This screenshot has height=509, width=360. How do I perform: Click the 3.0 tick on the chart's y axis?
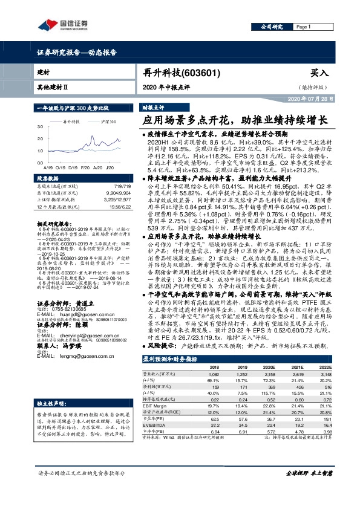click(x=39, y=127)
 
